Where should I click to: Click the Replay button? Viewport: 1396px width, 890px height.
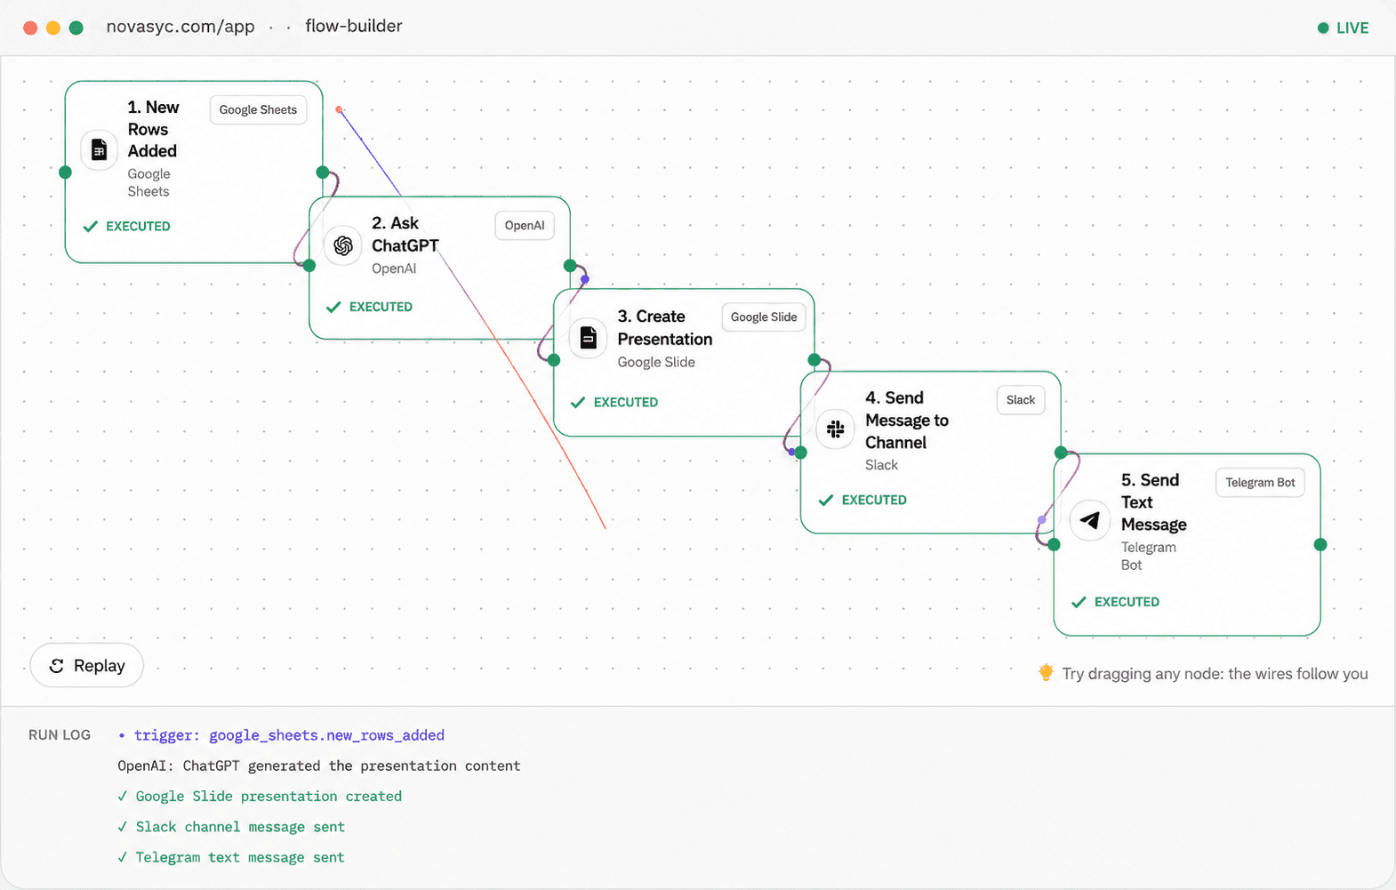86,666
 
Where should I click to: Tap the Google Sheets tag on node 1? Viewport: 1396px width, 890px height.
258,109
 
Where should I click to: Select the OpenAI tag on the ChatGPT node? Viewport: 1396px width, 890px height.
524,226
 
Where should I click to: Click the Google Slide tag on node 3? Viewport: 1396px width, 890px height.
764,317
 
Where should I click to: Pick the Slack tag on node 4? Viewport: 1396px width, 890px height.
1020,400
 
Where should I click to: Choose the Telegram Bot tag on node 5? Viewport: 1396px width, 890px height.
1260,483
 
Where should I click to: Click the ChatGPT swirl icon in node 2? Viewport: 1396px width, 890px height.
342,245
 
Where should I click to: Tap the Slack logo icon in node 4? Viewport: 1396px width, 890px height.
835,429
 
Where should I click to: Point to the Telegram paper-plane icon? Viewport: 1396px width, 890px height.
1090,520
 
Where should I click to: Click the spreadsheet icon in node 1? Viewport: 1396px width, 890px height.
99,149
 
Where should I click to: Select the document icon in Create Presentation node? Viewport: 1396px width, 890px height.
588,339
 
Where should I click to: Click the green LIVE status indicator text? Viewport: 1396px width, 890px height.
1352,28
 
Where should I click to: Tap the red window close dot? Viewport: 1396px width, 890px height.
30,28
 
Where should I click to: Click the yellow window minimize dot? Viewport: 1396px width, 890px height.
53,28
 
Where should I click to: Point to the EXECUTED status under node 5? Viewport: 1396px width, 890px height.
1115,602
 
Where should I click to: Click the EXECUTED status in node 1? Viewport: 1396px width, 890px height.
126,226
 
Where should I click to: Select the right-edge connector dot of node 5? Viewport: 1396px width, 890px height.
1320,545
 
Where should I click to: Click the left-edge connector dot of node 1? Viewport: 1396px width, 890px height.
65,172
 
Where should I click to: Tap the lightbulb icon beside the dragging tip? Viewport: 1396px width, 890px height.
1046,672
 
